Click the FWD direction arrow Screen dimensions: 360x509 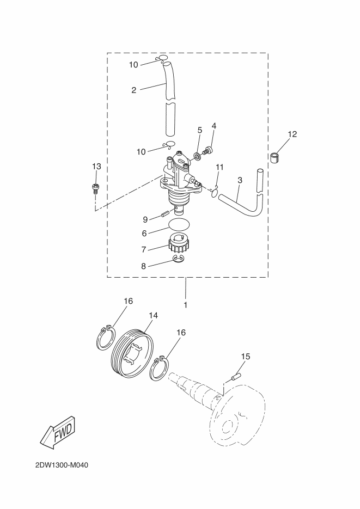[x=58, y=432]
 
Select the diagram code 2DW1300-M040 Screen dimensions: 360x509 [x=62, y=465]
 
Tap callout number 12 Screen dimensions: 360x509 [x=292, y=134]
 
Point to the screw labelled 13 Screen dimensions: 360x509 [x=95, y=188]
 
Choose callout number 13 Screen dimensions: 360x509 [x=96, y=167]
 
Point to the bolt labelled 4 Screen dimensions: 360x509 [x=207, y=151]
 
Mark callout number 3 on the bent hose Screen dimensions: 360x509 [x=240, y=180]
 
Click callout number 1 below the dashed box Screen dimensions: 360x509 [x=186, y=305]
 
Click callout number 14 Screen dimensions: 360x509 [x=153, y=315]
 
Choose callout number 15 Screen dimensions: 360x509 [x=246, y=357]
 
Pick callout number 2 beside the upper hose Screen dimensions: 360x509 [x=134, y=90]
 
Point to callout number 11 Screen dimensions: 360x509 [x=220, y=167]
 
